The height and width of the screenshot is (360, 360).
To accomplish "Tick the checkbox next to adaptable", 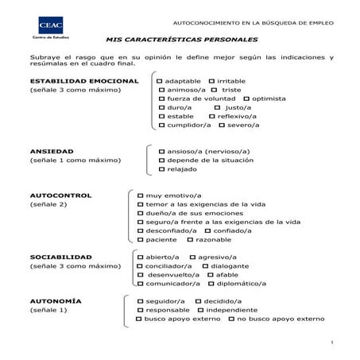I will click(161, 81).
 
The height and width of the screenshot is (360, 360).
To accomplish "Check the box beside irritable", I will click(211, 81).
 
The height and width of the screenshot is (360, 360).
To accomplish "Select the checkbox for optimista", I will click(246, 99).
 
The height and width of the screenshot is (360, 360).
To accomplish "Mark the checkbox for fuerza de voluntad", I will click(161, 99).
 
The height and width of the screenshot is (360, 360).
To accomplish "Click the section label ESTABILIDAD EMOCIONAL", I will click(83, 81).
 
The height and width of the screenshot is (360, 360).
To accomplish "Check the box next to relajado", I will click(161, 168).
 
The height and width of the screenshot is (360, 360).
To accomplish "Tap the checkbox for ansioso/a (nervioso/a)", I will click(161, 150).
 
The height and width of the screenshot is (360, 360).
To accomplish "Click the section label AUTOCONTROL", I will click(60, 195).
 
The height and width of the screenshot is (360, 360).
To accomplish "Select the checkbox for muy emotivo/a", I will click(140, 195).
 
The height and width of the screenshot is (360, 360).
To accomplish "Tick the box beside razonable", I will click(190, 239).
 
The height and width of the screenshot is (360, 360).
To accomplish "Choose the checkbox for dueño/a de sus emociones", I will click(140, 213).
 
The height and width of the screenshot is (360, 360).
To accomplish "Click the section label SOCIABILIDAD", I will click(60, 257).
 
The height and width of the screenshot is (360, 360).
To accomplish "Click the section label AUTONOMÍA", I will click(55, 301).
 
